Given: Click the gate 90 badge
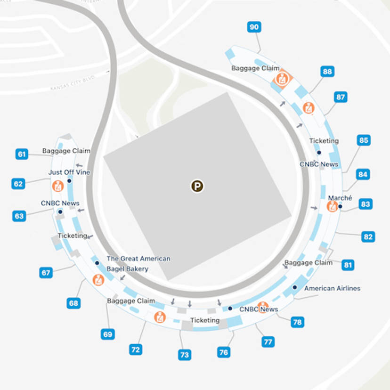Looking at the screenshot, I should pos(254,27).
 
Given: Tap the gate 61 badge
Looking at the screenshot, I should pos(22,154).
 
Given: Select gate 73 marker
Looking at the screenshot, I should pos(185,355).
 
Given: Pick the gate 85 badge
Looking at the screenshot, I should pos(364,140).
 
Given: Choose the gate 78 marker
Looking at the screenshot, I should pos(297,322).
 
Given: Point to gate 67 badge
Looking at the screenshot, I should pos(46,273).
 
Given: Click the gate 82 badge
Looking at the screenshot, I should pos(368,237).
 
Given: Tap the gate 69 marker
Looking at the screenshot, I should pos(108,334).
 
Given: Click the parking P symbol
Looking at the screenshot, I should pos(197,186).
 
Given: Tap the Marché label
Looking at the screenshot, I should pos(340,198).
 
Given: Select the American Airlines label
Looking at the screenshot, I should pos(332,288).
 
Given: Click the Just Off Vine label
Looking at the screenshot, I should pos(69,172).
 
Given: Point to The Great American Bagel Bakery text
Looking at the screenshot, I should pos(138,264).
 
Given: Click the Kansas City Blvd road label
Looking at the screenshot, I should pos(73,83).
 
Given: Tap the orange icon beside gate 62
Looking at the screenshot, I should pos(58,186).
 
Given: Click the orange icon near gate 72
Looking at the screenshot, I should pos(160,317).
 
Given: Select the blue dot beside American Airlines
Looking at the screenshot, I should pos(295,287).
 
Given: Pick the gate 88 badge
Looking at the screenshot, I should pos(327,72).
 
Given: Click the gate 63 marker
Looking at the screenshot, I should pos(19,216).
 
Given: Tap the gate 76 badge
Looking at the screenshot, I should pos(224,352).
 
